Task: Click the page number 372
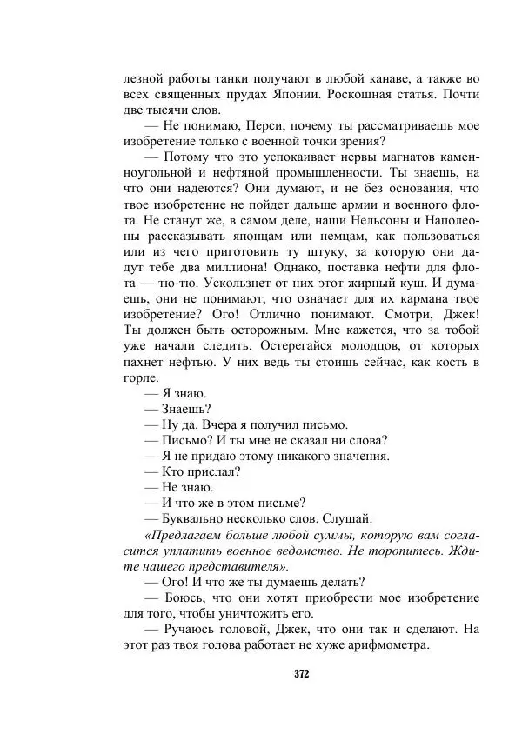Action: (301, 673)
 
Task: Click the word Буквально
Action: (191, 518)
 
